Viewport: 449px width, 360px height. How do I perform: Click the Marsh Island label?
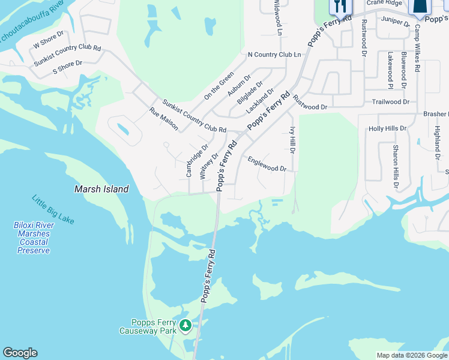point(101,189)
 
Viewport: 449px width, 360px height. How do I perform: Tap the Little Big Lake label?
point(53,209)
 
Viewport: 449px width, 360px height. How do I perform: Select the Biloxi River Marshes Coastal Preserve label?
point(34,238)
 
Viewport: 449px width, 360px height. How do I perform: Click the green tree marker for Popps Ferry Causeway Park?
point(185,325)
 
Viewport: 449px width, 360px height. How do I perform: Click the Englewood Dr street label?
point(267,164)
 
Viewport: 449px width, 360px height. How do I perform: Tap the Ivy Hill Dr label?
point(293,140)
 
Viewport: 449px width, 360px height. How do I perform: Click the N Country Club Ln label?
point(274,55)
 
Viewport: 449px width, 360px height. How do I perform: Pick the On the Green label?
point(218,85)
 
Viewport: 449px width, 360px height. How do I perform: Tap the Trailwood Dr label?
point(390,102)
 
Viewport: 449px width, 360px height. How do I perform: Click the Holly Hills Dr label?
point(387,128)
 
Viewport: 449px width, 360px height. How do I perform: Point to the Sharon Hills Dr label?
point(396,166)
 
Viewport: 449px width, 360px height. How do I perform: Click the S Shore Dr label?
point(67,67)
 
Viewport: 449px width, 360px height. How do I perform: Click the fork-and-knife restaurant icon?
point(340,6)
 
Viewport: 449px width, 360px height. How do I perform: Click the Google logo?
point(20,353)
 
